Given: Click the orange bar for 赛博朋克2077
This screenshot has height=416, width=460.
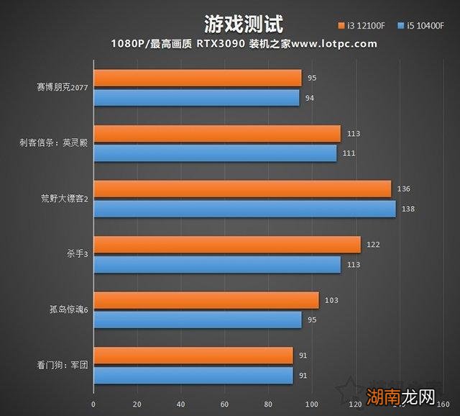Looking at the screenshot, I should click(x=198, y=78).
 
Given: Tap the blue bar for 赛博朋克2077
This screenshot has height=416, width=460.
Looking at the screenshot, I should click(x=196, y=97).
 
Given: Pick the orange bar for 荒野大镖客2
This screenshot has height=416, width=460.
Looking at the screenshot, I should click(x=242, y=189).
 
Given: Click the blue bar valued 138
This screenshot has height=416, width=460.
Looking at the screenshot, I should click(x=244, y=209).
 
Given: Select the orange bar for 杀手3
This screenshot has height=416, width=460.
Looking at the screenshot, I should click(x=227, y=245).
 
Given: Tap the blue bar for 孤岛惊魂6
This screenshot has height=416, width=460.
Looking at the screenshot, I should click(x=198, y=320).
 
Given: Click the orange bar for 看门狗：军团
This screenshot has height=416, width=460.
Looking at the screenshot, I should click(x=193, y=356).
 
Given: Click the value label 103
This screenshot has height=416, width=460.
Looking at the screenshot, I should click(x=331, y=300).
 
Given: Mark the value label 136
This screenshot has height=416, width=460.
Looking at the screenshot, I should click(x=403, y=189).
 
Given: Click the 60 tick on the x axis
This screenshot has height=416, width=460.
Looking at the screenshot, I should click(x=225, y=404).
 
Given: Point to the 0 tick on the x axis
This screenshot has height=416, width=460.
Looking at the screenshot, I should click(x=94, y=404).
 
